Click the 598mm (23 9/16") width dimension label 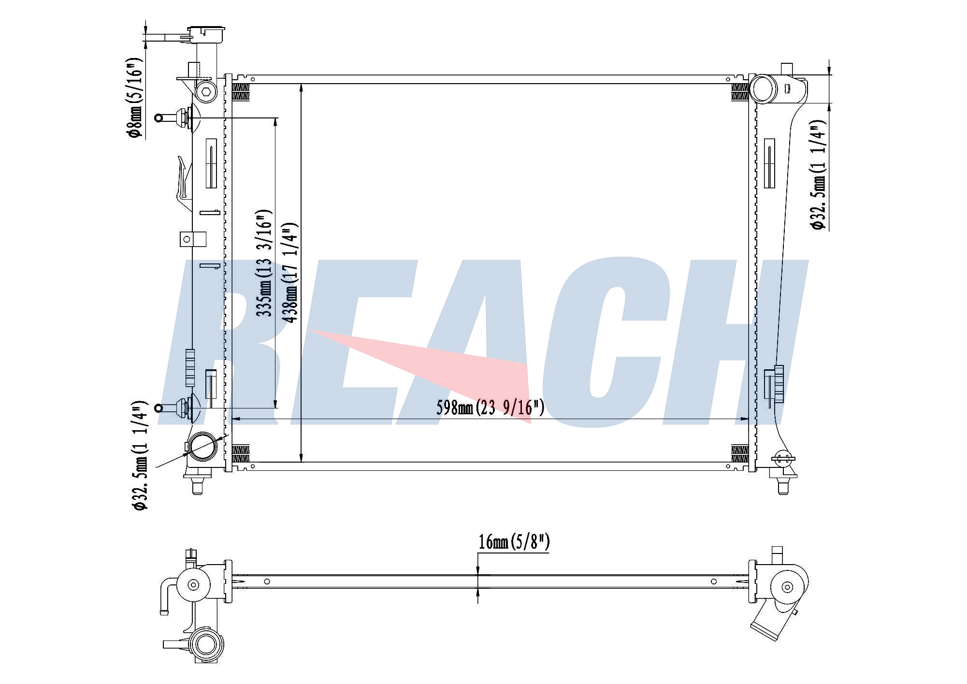490,407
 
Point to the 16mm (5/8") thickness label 514,542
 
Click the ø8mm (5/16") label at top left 136,98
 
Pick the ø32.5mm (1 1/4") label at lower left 140,455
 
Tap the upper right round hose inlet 763,88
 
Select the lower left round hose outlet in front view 202,447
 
